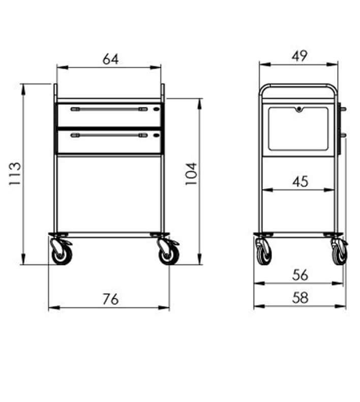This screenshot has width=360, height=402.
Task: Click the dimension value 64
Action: click(110, 59)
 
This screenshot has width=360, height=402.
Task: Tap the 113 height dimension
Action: click(15, 174)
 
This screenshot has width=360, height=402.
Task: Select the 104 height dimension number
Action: click(191, 174)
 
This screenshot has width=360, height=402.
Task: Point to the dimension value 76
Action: click(111, 299)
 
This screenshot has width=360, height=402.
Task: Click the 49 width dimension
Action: click(299, 56)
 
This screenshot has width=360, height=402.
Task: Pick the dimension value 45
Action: click(301, 182)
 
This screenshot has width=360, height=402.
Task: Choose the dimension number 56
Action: click(300, 275)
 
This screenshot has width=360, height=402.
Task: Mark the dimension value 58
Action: click(300, 298)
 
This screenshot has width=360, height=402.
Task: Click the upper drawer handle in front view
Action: click(109, 109)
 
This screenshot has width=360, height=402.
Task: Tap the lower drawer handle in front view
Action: click(109, 135)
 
